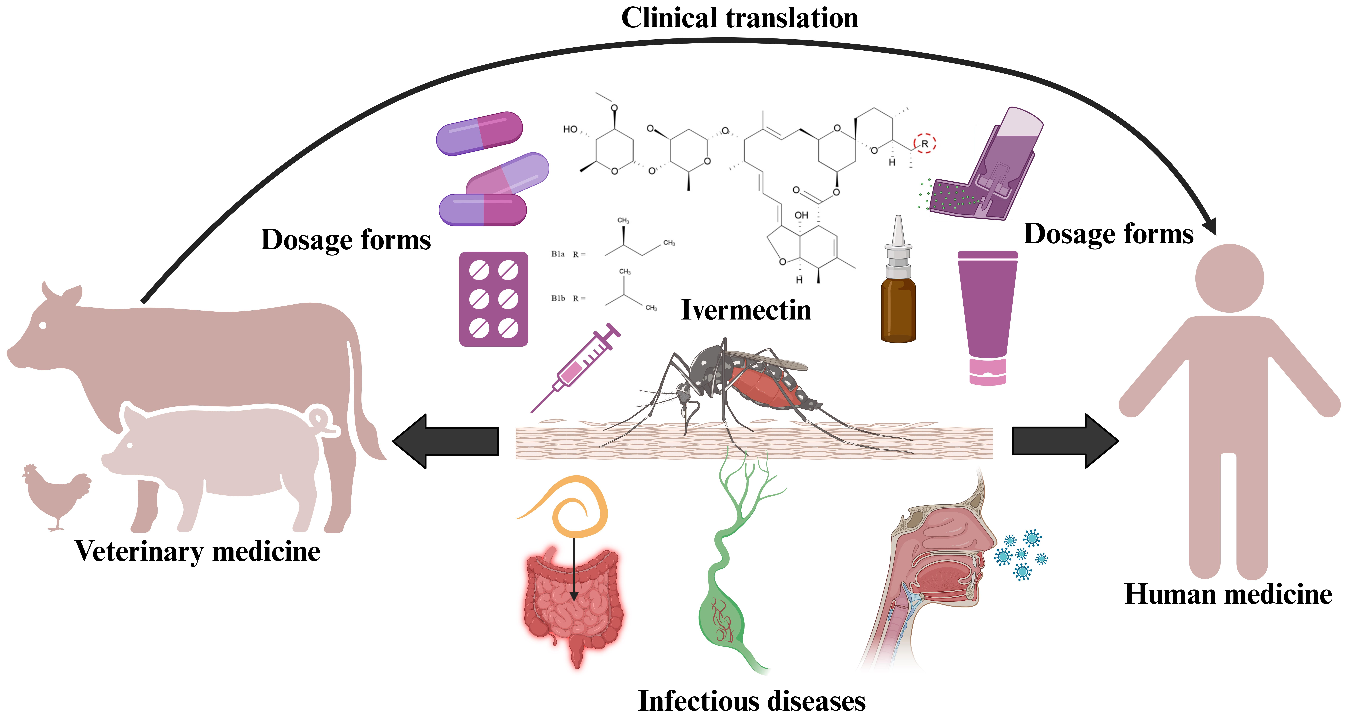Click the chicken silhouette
(x=55, y=495)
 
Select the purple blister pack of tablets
(x=493, y=299)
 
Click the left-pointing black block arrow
(x=445, y=441)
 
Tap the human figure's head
(x=1229, y=278)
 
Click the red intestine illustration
(x=574, y=606)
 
